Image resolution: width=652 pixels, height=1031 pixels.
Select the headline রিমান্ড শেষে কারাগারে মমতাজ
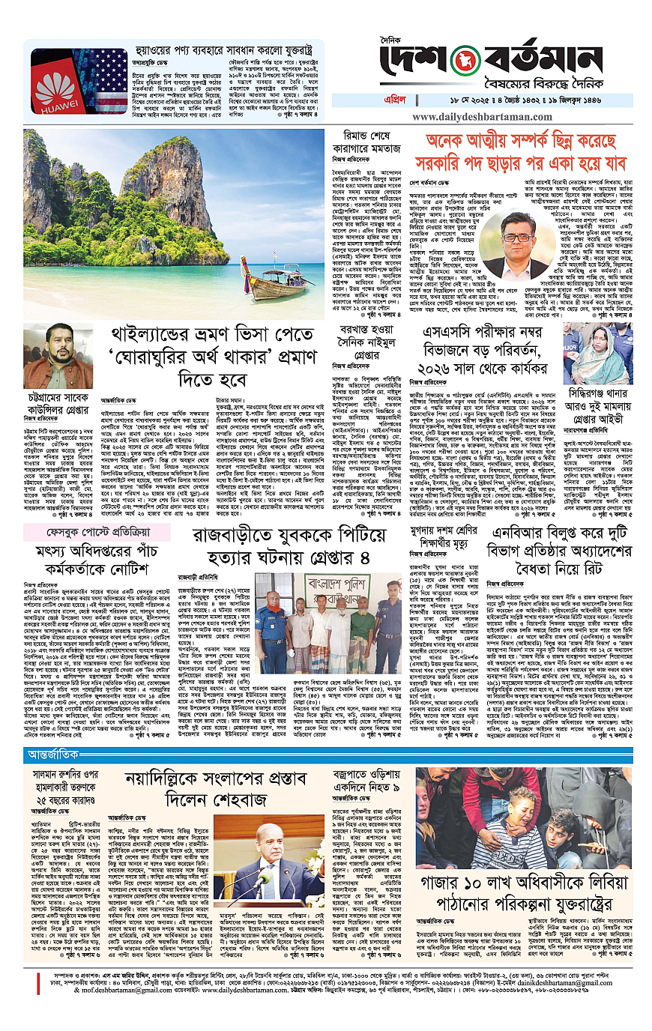pyautogui.click(x=365, y=145)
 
